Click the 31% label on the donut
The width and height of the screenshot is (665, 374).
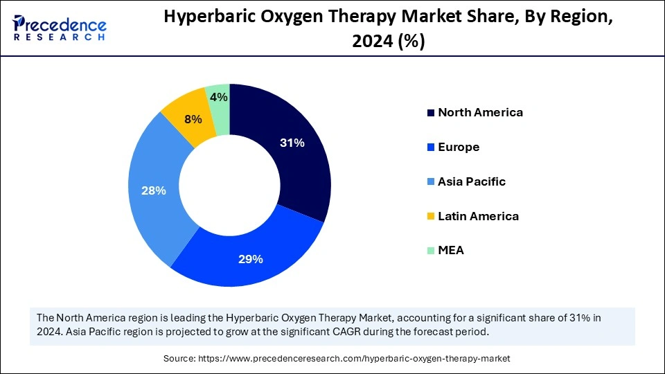click(x=292, y=143)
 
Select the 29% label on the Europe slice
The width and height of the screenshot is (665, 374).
click(x=251, y=259)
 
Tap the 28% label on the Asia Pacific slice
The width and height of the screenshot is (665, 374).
click(x=153, y=190)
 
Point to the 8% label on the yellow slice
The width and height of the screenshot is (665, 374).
click(x=193, y=119)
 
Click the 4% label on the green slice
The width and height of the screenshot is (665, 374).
click(x=219, y=98)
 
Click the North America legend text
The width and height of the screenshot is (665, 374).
click(x=480, y=112)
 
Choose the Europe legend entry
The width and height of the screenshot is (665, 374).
click(x=459, y=147)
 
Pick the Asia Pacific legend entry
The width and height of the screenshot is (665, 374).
click(x=472, y=181)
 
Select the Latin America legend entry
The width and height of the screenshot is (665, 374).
click(x=478, y=216)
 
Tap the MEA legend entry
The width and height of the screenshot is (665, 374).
click(x=451, y=250)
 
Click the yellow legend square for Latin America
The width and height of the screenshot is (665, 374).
click(x=432, y=217)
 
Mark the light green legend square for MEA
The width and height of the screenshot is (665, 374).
click(x=432, y=251)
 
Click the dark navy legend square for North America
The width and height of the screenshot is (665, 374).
click(x=432, y=113)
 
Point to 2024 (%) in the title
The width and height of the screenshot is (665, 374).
click(x=388, y=42)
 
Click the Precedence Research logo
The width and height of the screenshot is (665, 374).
click(x=60, y=28)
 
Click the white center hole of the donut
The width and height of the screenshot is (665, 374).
click(x=229, y=185)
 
